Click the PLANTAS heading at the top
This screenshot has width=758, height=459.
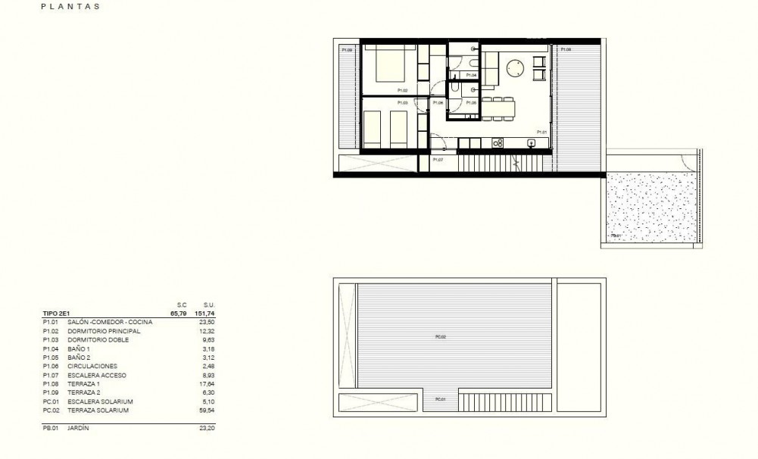click(x=72, y=7)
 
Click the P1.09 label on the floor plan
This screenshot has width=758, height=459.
click(x=347, y=50)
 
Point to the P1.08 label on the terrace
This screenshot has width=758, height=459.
click(x=565, y=50)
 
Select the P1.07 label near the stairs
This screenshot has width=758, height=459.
click(x=438, y=160)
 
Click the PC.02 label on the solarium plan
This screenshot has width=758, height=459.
click(x=441, y=336)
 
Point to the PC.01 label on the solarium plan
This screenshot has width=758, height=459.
click(x=440, y=399)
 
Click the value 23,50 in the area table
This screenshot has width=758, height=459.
click(x=207, y=323)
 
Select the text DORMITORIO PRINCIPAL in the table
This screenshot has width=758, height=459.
click(x=99, y=332)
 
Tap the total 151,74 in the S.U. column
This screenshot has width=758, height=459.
click(x=204, y=311)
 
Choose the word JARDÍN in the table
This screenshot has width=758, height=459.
click(x=79, y=429)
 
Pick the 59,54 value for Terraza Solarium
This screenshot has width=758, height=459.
click(x=207, y=410)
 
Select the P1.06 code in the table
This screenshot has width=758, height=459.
click(x=50, y=367)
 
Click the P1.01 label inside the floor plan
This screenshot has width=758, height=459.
click(x=542, y=132)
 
